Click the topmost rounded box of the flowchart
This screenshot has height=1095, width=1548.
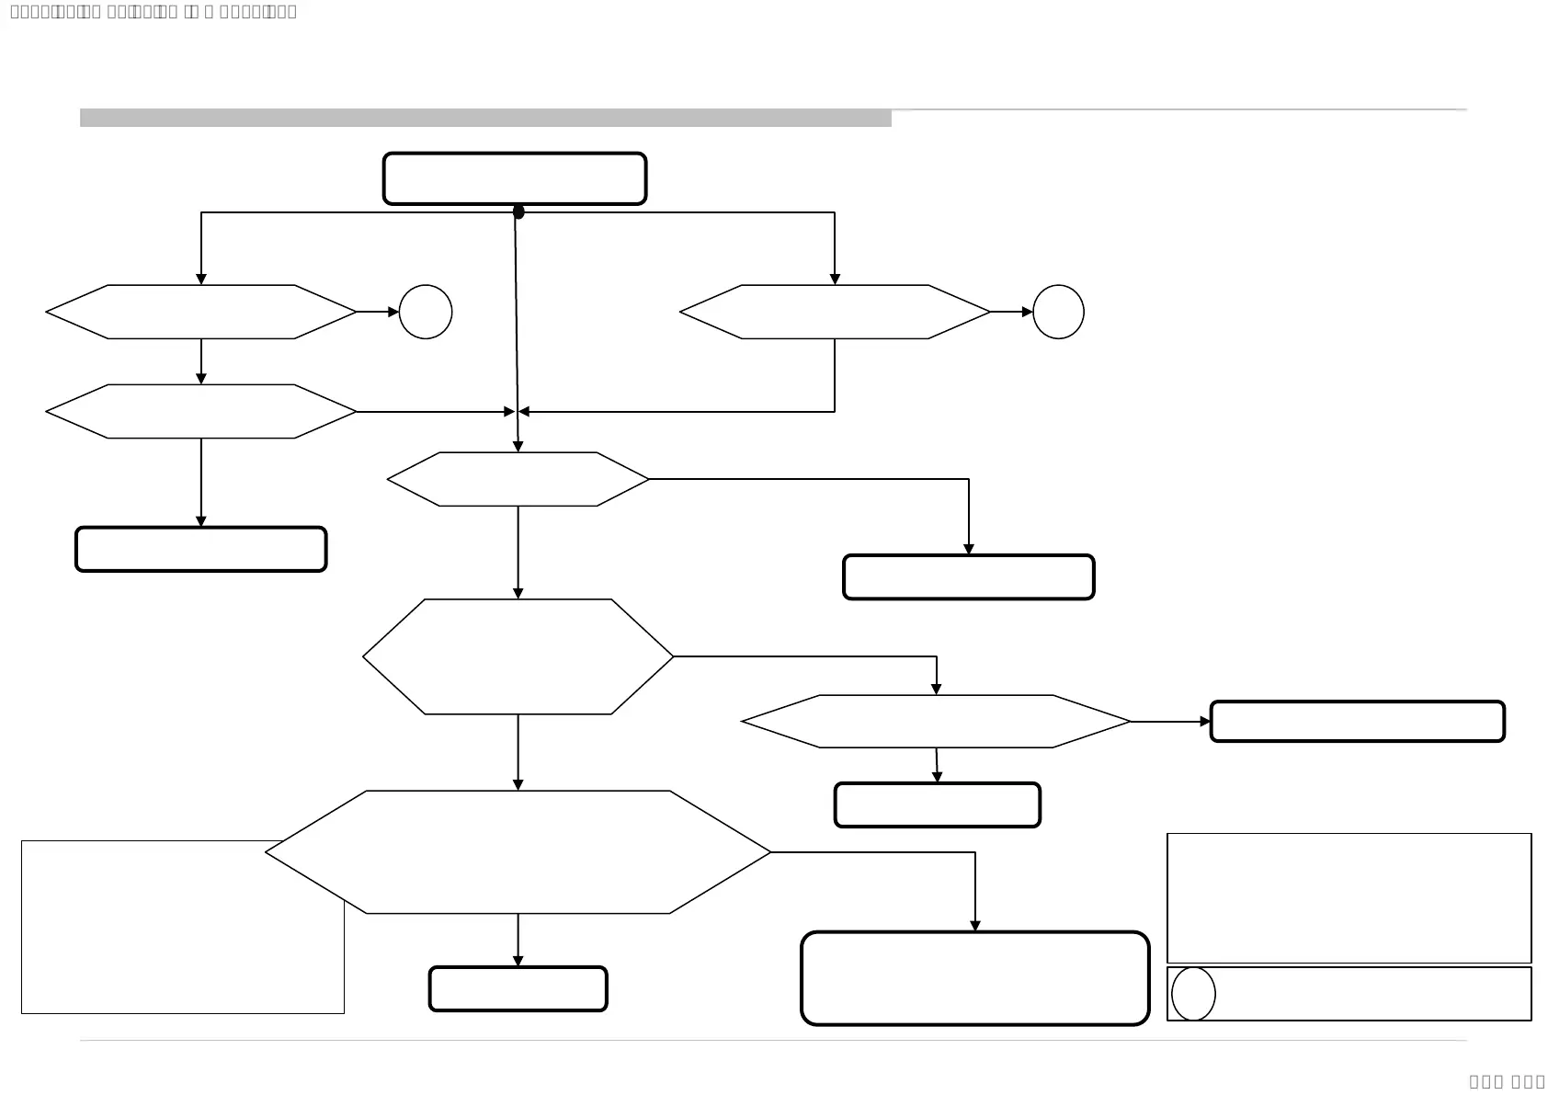515,178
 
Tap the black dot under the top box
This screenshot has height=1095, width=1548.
518,212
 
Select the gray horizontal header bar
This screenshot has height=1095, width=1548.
485,118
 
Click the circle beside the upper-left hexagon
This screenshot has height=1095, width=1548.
426,312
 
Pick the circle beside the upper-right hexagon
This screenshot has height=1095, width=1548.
1058,312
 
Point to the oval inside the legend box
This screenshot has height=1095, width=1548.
1193,994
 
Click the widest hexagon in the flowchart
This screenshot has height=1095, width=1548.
518,852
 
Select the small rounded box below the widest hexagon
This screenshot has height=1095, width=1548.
518,989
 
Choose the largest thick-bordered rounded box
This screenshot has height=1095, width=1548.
974,978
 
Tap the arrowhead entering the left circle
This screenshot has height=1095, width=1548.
393,312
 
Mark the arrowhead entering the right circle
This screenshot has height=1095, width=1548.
1028,312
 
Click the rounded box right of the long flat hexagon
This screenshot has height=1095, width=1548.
1357,722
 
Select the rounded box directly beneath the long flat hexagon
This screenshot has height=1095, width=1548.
937,805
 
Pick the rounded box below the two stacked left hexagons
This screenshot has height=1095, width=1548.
200,550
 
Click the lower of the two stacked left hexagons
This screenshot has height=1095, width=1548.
200,412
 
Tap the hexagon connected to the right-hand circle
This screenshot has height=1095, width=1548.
835,312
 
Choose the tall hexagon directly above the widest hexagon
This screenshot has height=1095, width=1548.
518,656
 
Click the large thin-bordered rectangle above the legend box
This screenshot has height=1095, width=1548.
1349,897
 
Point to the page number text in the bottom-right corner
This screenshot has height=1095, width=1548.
1507,1081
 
